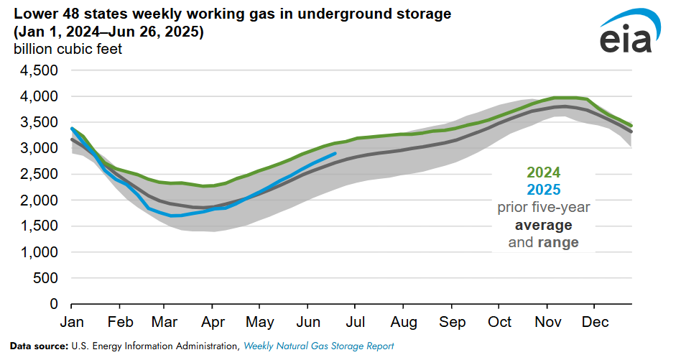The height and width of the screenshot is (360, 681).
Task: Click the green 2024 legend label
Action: click(543, 172)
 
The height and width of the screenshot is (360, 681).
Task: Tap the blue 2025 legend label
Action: click(543, 190)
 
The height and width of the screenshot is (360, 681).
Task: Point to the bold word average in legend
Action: click(543, 225)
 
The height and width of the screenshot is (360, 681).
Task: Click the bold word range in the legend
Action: click(559, 243)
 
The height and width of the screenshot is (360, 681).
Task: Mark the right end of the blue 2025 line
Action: click(335, 153)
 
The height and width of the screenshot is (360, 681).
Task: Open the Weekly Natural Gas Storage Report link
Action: click(318, 346)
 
